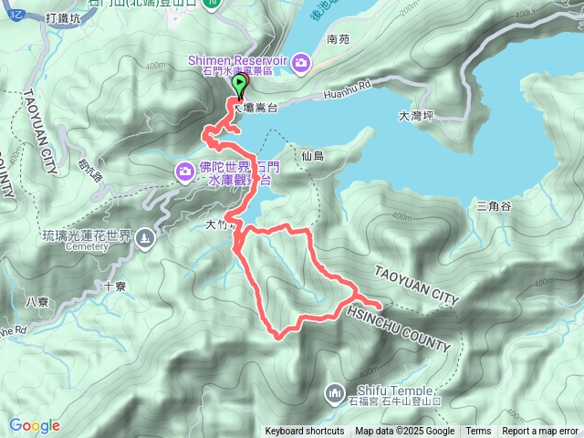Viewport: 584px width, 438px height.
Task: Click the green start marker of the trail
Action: point(240,87)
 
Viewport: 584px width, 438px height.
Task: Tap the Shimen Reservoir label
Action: point(237,59)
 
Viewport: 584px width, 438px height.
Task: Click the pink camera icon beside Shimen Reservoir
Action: point(302,62)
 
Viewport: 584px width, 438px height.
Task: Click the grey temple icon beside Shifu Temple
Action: point(331,393)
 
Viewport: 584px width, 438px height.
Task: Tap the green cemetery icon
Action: point(146,239)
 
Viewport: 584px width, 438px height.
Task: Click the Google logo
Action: point(34,425)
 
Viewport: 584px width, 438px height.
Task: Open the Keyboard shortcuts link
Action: point(305,432)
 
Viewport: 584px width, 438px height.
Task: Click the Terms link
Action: point(478,432)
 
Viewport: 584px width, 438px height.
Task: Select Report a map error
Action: point(539,432)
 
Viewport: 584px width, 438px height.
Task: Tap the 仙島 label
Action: point(312,157)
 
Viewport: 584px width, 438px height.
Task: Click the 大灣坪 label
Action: point(416,117)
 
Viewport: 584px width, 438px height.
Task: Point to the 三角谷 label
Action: point(494,207)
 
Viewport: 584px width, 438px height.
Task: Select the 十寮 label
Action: point(115,285)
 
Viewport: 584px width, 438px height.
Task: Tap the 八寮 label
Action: point(36,301)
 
